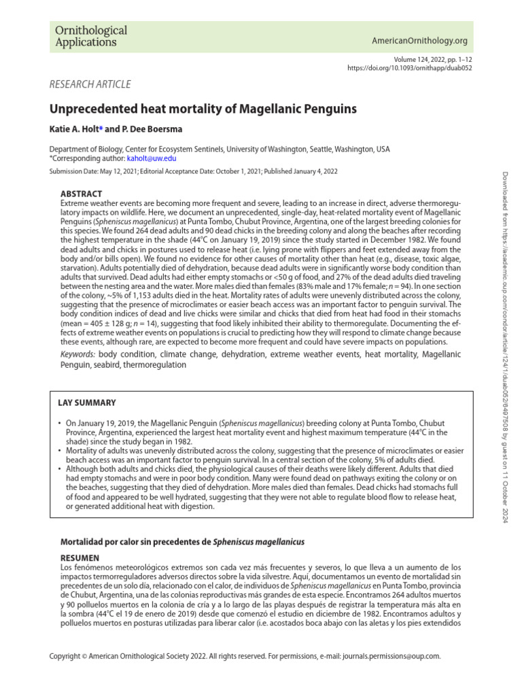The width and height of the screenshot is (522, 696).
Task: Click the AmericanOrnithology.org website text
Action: point(419,41)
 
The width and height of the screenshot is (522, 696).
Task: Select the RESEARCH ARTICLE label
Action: point(90,84)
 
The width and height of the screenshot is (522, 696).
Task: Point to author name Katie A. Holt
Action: point(74,128)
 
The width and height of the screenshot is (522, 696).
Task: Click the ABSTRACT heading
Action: point(82,194)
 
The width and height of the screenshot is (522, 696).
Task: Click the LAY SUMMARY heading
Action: point(86,403)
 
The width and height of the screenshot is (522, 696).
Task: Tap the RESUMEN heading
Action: point(80,555)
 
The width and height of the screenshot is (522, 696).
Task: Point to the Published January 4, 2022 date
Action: point(300,172)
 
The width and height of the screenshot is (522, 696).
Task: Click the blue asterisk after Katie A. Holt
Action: point(101,128)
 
